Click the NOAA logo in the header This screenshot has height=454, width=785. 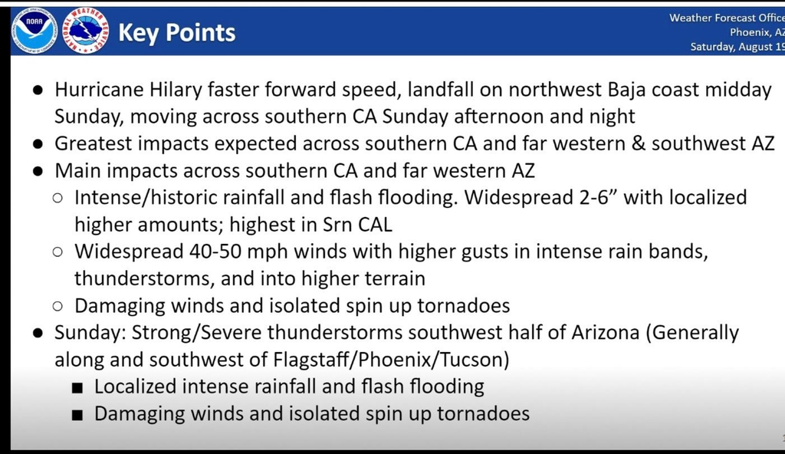(34, 31)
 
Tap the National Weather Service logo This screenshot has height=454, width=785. (86, 31)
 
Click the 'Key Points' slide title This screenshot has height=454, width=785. (177, 32)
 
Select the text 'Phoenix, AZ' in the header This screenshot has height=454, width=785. (757, 32)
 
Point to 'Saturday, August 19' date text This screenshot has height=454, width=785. (737, 47)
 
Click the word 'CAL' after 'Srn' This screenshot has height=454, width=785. (375, 225)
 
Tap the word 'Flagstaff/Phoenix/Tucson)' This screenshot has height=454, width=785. (391, 360)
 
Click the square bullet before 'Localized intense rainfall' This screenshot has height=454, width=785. (77, 387)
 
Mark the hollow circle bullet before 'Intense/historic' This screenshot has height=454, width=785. (57, 198)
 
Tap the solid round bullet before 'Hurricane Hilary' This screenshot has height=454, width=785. (38, 90)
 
